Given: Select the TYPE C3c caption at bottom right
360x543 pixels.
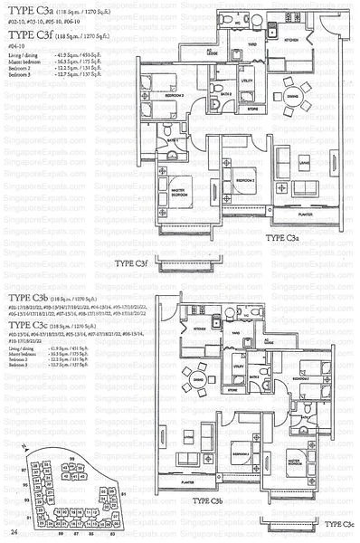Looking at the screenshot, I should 341,524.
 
